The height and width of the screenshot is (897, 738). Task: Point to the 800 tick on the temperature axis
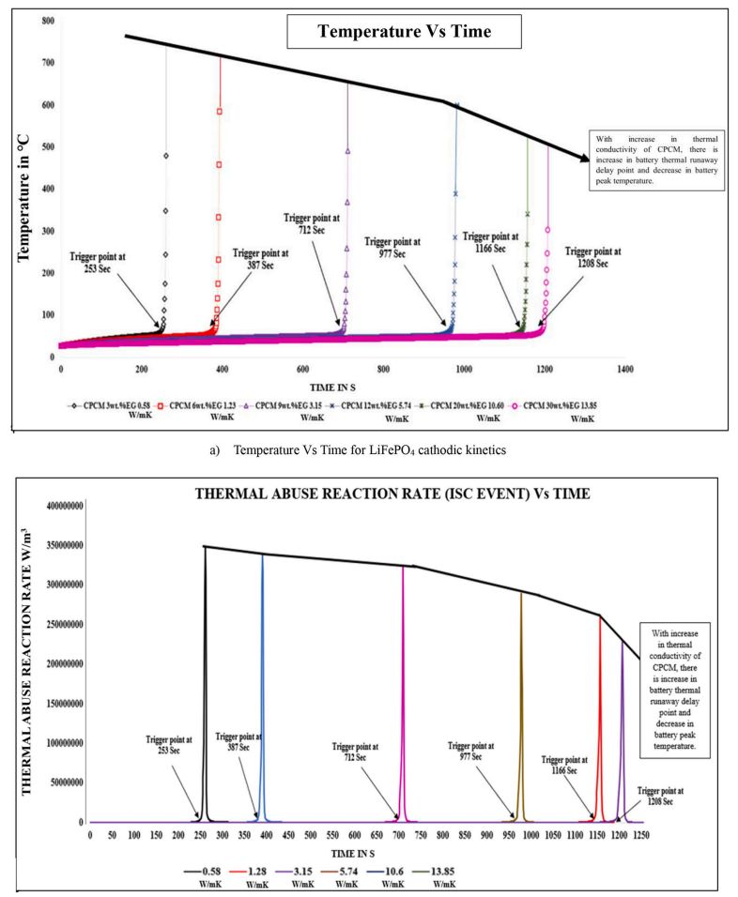click(x=47, y=20)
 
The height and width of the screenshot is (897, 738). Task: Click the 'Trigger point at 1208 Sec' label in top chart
click(x=592, y=258)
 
